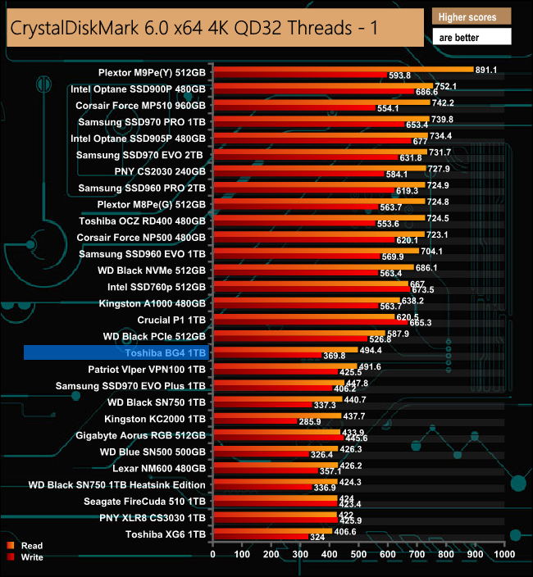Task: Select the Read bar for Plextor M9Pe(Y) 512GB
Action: tap(343, 69)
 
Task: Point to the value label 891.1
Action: tap(490, 70)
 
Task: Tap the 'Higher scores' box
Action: tap(471, 16)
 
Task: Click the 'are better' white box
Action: tap(471, 36)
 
